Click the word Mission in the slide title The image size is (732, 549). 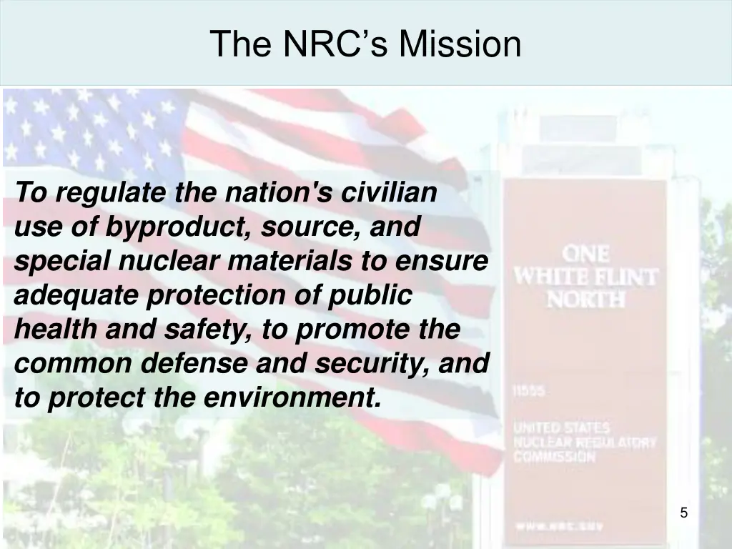460,44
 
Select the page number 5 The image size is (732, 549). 683,513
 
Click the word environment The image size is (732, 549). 292,398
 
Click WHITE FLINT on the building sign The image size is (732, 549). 585,277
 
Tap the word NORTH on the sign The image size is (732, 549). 585,299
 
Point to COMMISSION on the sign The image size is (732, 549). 554,457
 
